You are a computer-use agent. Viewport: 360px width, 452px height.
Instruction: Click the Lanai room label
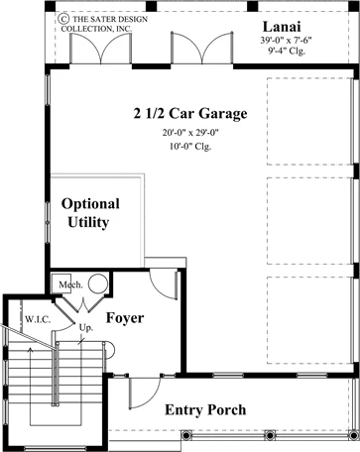point(282,27)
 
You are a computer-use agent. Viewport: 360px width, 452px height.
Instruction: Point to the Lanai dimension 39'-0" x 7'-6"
point(286,41)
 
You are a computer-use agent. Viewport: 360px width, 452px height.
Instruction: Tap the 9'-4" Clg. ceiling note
point(287,51)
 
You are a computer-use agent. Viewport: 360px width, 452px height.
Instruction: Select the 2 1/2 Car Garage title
point(190,114)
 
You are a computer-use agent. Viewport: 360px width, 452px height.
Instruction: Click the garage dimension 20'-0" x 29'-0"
point(190,133)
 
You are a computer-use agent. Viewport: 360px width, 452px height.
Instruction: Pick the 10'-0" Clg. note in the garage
point(190,146)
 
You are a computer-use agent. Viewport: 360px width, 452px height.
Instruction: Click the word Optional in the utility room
point(90,204)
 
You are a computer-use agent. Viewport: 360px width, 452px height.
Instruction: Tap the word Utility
point(88,222)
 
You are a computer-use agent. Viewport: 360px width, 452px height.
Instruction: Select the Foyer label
point(125,318)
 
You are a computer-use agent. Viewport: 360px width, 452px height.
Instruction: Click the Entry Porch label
point(205,410)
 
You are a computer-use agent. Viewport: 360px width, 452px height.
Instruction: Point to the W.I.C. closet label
point(38,319)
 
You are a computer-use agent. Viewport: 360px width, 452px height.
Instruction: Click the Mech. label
point(70,284)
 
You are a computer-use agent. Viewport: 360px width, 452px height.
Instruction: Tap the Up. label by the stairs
point(86,329)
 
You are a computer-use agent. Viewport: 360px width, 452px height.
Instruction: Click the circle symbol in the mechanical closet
point(98,283)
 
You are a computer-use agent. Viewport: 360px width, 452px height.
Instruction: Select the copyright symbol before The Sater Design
point(63,18)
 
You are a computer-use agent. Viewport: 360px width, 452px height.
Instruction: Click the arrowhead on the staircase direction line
point(31,349)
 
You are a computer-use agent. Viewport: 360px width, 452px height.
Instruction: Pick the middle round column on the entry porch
point(270,435)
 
